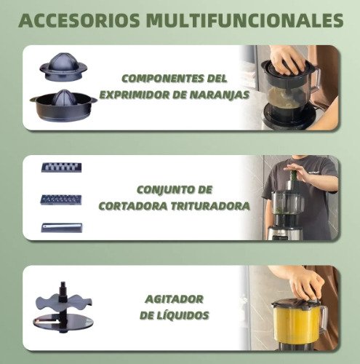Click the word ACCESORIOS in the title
tap(79, 20)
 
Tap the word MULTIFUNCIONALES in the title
tap(244, 20)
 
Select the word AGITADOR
tap(174, 299)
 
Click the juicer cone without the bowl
tap(63, 66)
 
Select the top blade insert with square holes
tap(62, 167)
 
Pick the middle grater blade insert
tap(61, 199)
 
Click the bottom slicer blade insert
tap(62, 228)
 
